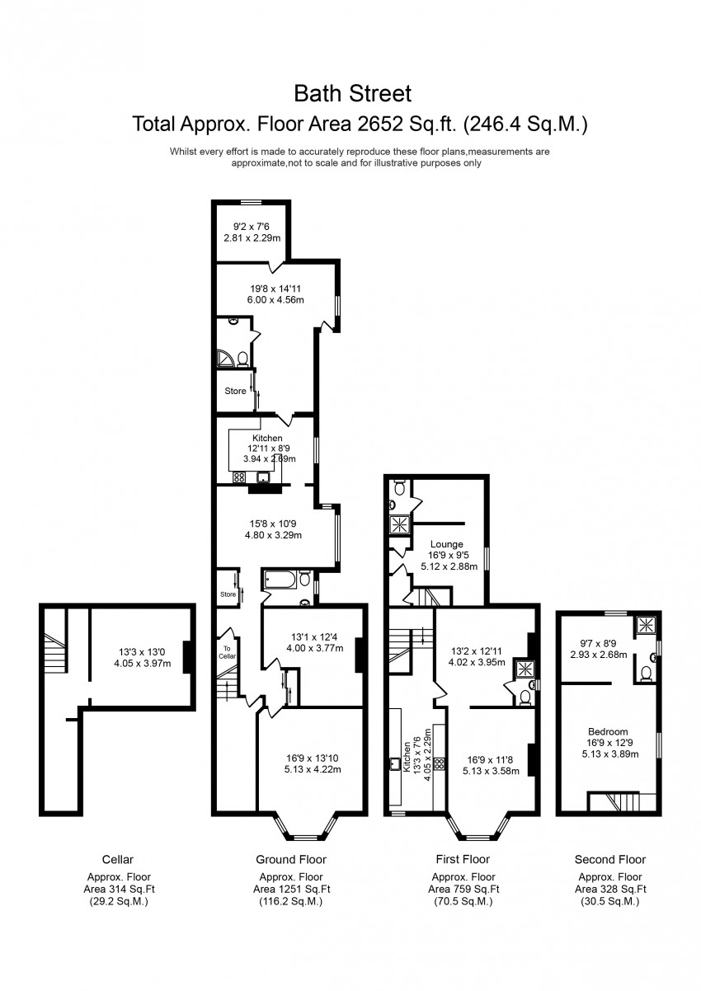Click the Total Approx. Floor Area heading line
[360, 124]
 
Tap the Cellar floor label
[118, 859]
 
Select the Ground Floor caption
[291, 859]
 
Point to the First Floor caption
[463, 859]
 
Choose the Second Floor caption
[610, 859]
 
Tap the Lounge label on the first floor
[445, 544]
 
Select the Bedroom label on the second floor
[608, 731]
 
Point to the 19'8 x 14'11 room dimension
[275, 289]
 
